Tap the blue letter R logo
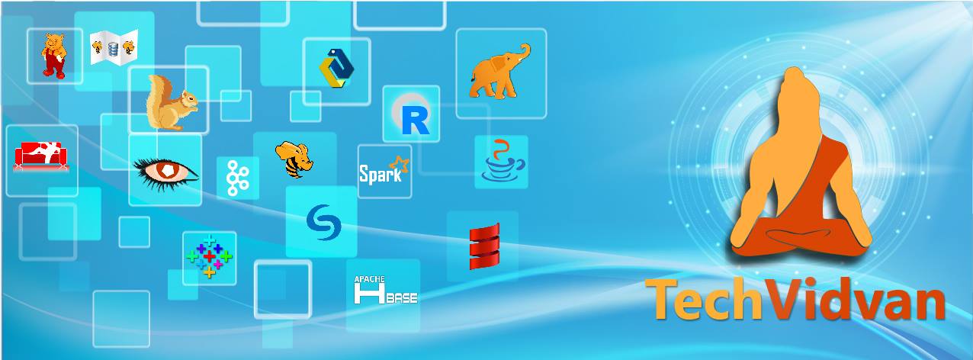[x=416, y=121]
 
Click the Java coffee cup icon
[x=503, y=161]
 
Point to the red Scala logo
[x=484, y=246]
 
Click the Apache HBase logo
[x=386, y=290]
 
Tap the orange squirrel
[x=171, y=103]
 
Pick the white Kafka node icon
[x=238, y=178]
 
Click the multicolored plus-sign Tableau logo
[x=209, y=256]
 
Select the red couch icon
[x=40, y=156]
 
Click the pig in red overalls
[x=54, y=56]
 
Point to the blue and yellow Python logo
[x=336, y=68]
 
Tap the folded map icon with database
[x=114, y=47]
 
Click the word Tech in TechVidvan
[x=704, y=299]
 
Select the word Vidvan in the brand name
[x=854, y=299]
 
